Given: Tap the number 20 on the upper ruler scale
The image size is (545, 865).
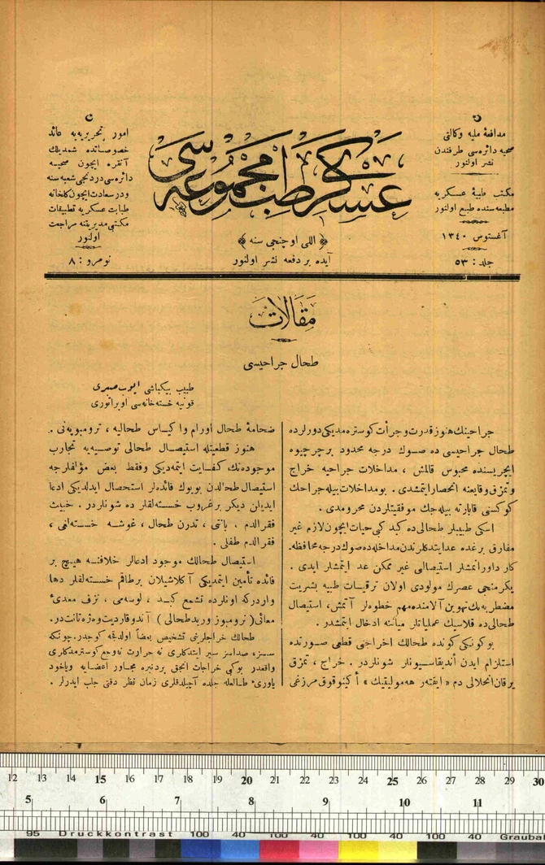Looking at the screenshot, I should point(246,780).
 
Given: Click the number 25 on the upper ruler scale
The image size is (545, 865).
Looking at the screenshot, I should point(392,780).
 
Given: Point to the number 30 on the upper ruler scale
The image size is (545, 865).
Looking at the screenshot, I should point(536,780).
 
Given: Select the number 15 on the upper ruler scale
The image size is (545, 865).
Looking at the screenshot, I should point(100,780).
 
